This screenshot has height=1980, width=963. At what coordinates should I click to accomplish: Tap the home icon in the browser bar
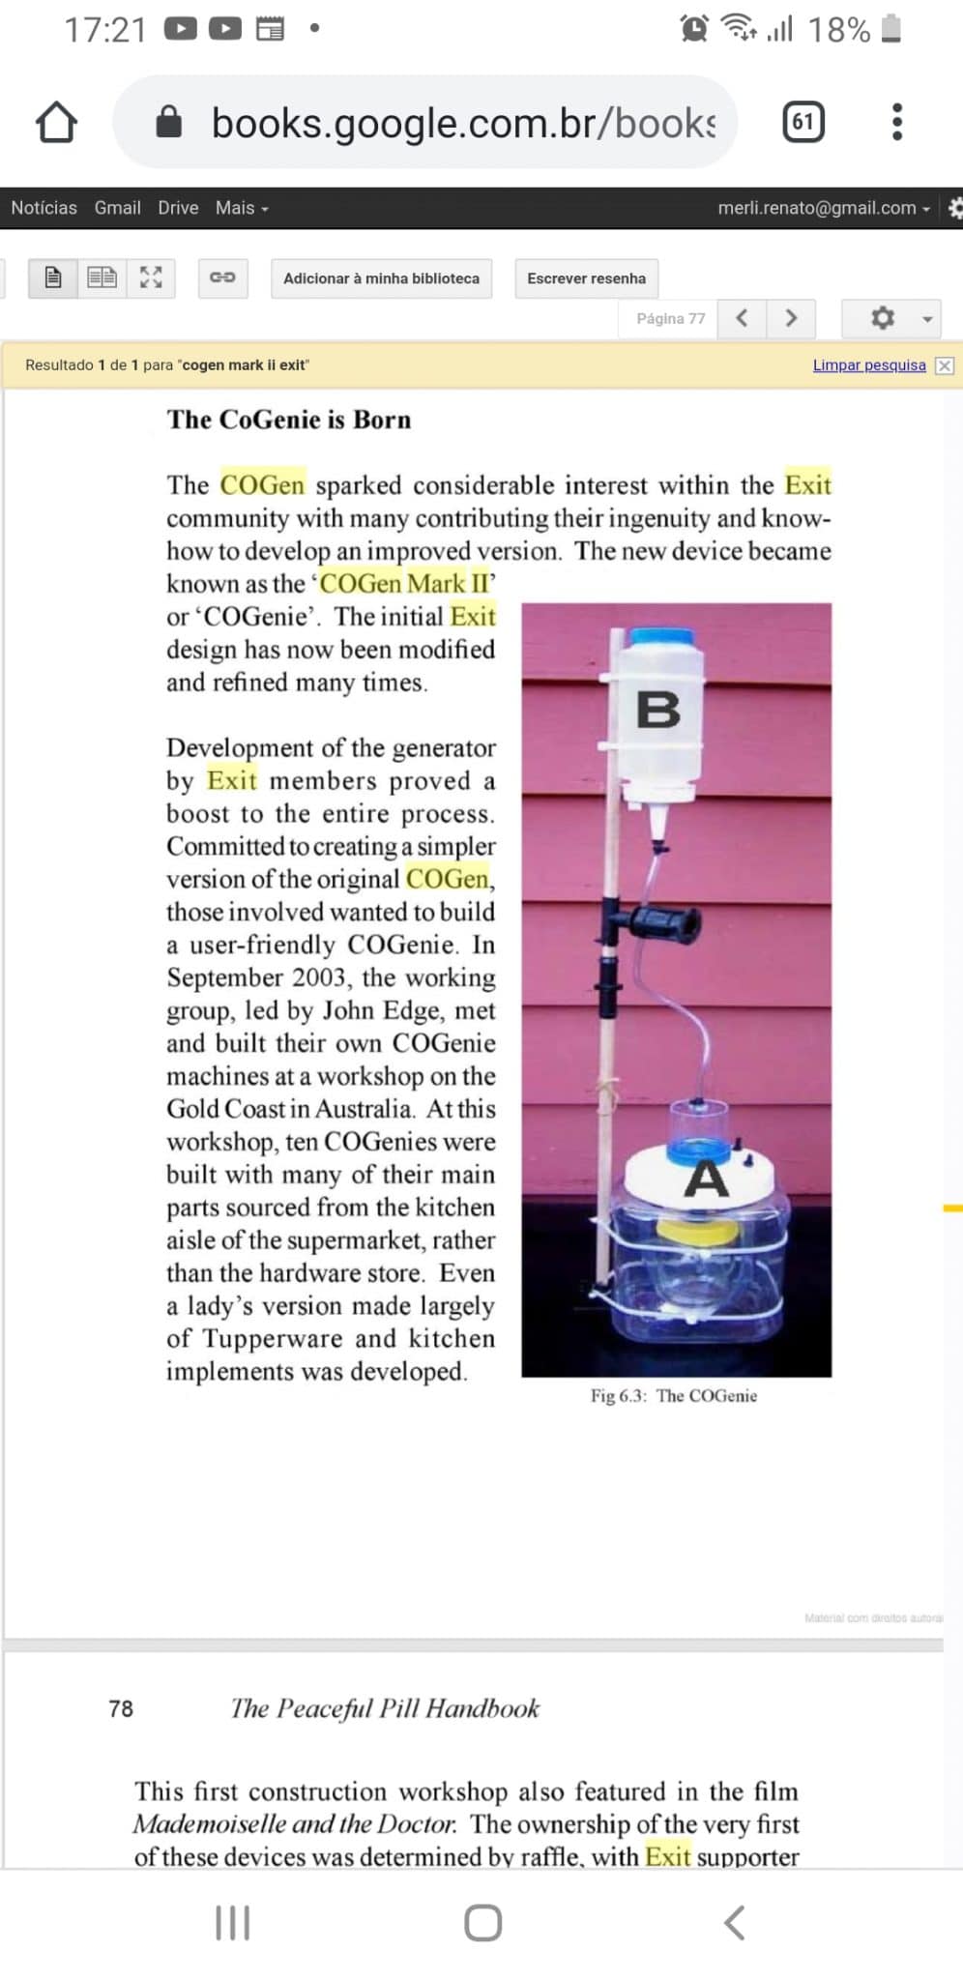tap(56, 123)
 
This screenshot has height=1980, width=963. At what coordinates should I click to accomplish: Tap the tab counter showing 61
tap(802, 122)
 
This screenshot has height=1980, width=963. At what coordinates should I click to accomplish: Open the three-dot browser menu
tap(897, 122)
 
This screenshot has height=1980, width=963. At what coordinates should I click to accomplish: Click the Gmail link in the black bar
tap(117, 208)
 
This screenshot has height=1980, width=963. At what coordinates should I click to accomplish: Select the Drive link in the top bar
tap(178, 208)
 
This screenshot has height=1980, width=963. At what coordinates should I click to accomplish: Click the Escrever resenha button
tap(586, 278)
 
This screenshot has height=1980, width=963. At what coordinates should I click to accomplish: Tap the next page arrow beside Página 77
tap(791, 318)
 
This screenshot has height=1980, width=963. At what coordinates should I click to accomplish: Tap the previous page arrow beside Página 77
tap(742, 318)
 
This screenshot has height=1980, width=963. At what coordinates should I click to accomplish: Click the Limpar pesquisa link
tap(869, 365)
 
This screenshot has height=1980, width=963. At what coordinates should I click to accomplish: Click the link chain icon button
tap(222, 278)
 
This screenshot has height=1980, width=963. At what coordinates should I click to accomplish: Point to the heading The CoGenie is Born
tap(289, 420)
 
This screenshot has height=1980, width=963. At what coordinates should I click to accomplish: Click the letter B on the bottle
tap(658, 710)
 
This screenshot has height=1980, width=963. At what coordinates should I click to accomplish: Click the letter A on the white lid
tap(706, 1179)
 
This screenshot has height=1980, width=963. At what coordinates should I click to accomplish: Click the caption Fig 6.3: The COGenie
tap(674, 1396)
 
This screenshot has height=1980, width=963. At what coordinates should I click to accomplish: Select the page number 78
tap(121, 1708)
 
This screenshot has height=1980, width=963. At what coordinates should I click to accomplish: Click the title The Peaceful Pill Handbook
tap(385, 1708)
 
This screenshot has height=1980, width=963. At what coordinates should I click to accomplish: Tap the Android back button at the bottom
tap(735, 1923)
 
